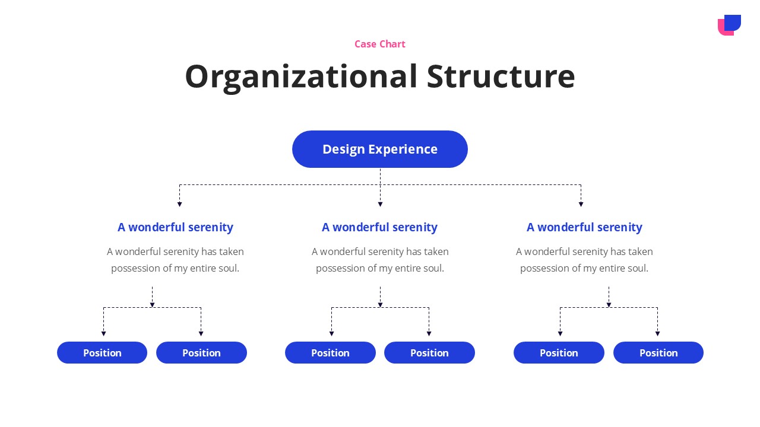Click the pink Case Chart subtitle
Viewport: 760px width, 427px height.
pyautogui.click(x=379, y=44)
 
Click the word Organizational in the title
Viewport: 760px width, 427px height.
pyautogui.click(x=301, y=77)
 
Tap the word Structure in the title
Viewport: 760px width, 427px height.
pyautogui.click(x=501, y=77)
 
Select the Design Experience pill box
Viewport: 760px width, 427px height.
pyautogui.click(x=379, y=149)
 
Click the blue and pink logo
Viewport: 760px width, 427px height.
pyautogui.click(x=729, y=25)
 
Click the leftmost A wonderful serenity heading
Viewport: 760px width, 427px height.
pyautogui.click(x=175, y=227)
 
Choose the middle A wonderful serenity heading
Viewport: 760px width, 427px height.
pyautogui.click(x=379, y=227)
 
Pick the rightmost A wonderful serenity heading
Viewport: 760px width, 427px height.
pyautogui.click(x=584, y=227)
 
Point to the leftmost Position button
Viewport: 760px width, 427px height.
pyautogui.click(x=102, y=353)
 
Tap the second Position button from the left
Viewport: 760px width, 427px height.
pyautogui.click(x=201, y=353)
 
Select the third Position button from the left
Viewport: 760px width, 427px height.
pyautogui.click(x=331, y=353)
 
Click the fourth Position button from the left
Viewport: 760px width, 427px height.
pyautogui.click(x=429, y=353)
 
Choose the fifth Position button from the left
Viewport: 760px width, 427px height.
pyautogui.click(x=559, y=353)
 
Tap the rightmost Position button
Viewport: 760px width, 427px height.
pyautogui.click(x=658, y=353)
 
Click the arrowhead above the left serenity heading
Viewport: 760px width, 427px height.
pyautogui.click(x=179, y=205)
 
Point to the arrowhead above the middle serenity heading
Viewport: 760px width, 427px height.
pyautogui.click(x=381, y=205)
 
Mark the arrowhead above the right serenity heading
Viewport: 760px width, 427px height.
pyautogui.click(x=581, y=205)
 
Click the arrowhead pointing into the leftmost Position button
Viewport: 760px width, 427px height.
pyautogui.click(x=103, y=334)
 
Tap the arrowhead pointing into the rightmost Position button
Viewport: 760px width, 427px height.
pyautogui.click(x=657, y=334)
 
